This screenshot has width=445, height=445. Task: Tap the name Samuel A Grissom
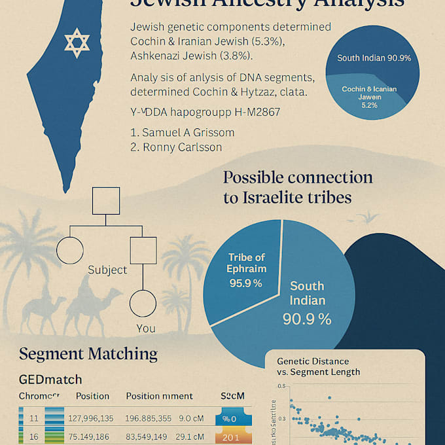pos(182,132)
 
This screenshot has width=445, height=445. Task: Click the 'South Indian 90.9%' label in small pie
pos(374,58)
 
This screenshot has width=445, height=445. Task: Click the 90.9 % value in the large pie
pos(307,319)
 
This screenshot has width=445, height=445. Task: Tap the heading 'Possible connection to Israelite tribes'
pos(298,187)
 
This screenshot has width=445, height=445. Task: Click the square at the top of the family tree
pos(105,201)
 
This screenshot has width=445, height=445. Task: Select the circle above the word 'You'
pos(143,304)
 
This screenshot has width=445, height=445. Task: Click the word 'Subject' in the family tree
pos(107,270)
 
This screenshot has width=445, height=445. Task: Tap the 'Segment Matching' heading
pos(88,354)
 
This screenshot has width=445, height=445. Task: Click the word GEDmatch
pos(50,380)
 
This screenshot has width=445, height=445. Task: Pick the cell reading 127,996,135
pos(91,418)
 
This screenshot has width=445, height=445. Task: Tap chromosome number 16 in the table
pos(35,436)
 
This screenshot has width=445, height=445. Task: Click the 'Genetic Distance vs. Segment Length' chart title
pos(318,366)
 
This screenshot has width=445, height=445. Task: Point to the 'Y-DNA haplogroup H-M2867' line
pos(205,113)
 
